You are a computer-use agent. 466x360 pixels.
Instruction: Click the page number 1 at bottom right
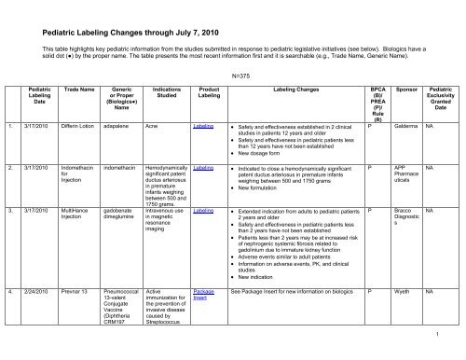click(449, 333)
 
